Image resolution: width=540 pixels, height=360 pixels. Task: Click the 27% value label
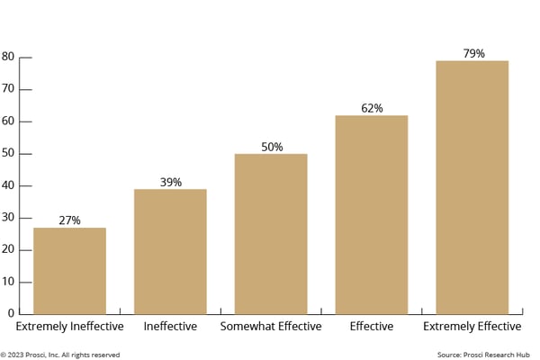coord(69,220)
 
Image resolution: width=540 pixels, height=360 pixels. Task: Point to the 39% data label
coord(170,182)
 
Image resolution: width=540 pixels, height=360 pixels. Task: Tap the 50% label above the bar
coord(271,147)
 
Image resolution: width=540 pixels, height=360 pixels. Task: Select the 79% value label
coord(472,53)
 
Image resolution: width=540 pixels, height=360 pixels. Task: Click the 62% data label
coord(372,108)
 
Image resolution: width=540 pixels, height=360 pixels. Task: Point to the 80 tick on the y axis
coord(8,57)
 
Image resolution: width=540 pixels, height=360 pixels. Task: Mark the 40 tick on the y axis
coord(8,185)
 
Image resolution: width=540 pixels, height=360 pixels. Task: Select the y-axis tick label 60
coord(8,121)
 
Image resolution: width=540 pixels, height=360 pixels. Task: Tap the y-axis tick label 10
coord(8,282)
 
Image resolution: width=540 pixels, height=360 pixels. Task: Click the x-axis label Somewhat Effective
coord(271,326)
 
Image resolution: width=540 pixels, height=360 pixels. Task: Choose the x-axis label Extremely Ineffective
coord(69,326)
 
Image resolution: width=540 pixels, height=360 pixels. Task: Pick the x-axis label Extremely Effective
coord(472,326)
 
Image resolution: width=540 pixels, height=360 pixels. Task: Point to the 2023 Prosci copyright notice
coord(60,355)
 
